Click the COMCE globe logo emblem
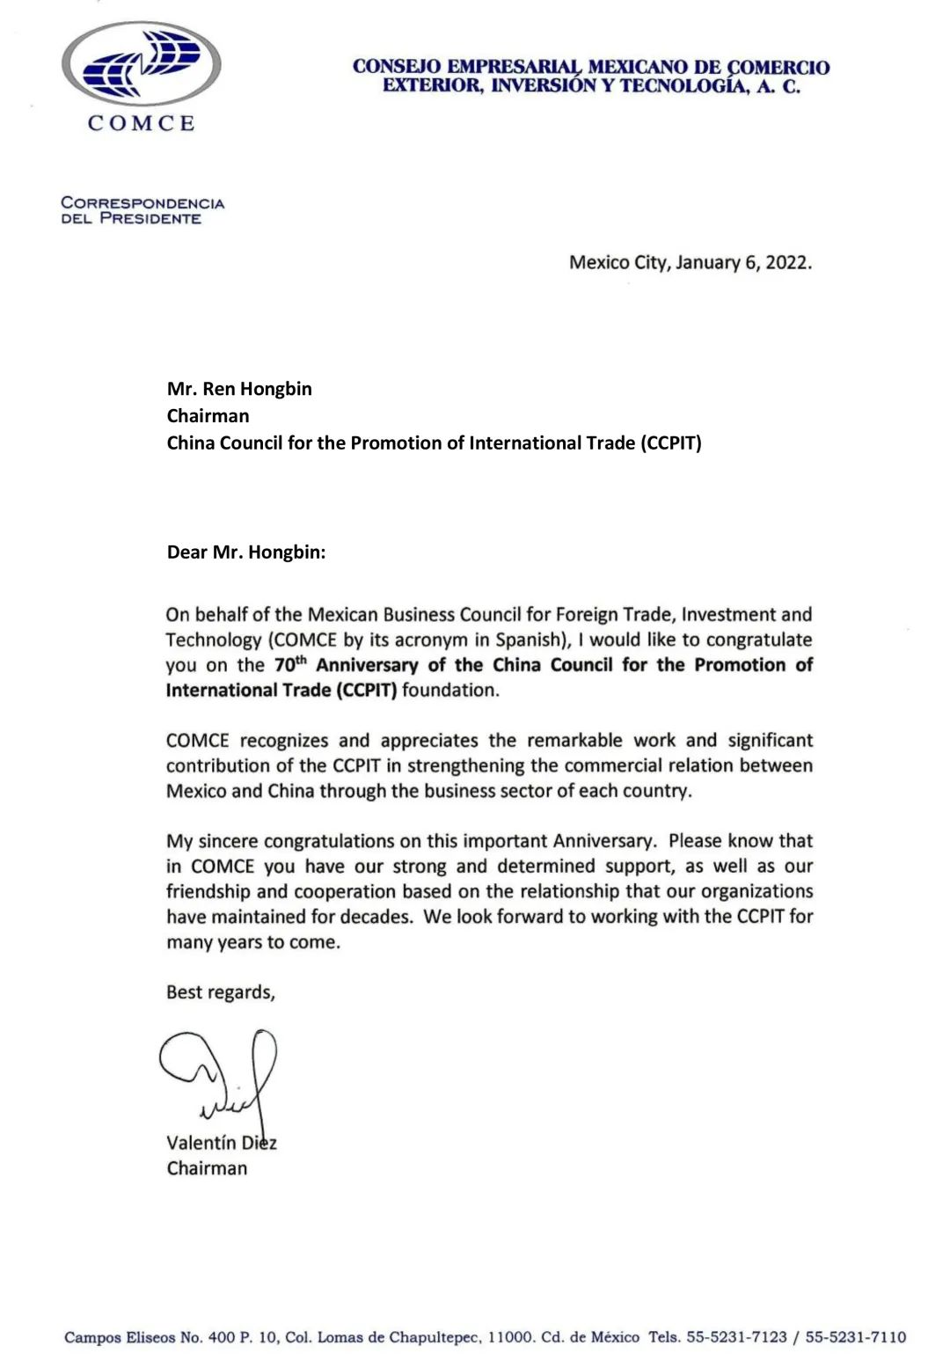pos(142,63)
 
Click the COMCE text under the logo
pos(141,123)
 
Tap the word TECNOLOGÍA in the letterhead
pos(684,85)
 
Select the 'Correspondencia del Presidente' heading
pos(142,210)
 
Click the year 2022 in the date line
pos(787,262)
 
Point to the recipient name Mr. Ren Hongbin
pos(239,389)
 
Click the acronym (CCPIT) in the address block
pos(672,443)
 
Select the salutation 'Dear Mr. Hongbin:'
pos(246,552)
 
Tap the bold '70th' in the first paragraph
pos(290,664)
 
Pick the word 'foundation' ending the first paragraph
pos(449,690)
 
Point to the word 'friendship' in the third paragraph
pos(207,891)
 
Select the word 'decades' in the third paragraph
pos(379,917)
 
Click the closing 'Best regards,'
pos(221,992)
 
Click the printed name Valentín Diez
pos(221,1143)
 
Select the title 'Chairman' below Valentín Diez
pos(207,1168)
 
